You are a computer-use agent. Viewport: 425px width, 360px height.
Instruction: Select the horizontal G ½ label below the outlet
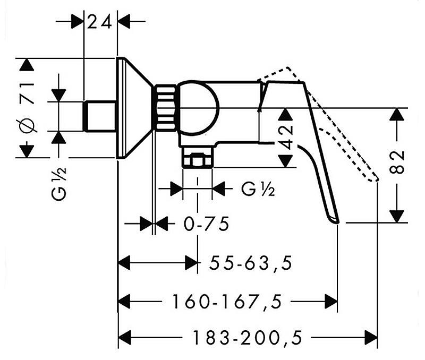pyautogui.click(x=258, y=188)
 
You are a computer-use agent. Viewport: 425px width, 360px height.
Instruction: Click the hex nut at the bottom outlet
pyautogui.click(x=197, y=160)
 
